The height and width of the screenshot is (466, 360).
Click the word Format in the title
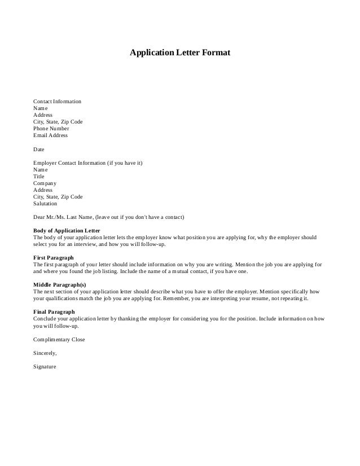[x=213, y=53]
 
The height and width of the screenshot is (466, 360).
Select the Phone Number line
[x=51, y=128]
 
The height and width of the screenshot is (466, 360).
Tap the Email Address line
[x=50, y=135]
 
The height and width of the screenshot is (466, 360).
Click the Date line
[x=39, y=150]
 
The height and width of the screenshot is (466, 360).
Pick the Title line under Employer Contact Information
[x=39, y=177]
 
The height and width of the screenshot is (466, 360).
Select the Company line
[x=45, y=183]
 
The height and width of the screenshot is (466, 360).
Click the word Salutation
[x=45, y=204]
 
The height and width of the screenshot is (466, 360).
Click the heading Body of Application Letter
[x=67, y=231]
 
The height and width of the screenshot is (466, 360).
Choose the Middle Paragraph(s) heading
[x=60, y=285]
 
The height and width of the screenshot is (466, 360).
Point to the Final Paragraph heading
[x=54, y=312]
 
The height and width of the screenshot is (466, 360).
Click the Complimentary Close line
[x=59, y=340]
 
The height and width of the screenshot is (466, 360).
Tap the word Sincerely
[x=45, y=353]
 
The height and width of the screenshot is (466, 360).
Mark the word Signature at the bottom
[x=45, y=367]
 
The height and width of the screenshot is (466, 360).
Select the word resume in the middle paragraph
[x=271, y=298]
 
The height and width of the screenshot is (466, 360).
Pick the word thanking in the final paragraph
[x=152, y=319]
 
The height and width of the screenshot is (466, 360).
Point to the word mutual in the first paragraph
[x=195, y=271]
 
